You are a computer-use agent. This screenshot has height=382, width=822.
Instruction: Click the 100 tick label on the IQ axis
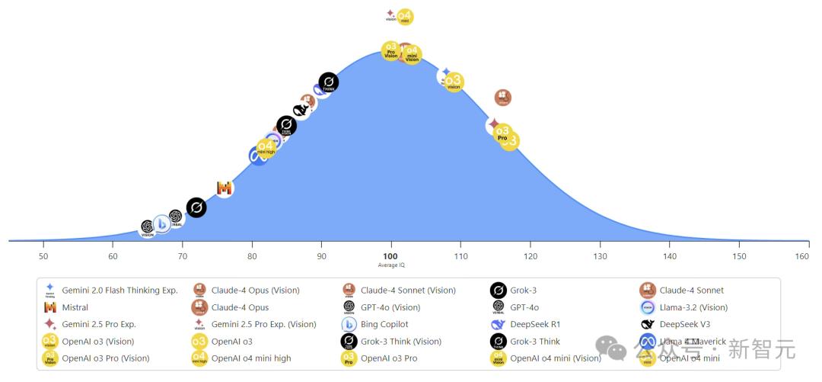point(390,256)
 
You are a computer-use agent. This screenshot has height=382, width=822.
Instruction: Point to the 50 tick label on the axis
point(43,256)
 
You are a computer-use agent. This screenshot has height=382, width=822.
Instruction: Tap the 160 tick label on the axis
point(801,256)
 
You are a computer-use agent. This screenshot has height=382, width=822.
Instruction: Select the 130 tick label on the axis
point(600,256)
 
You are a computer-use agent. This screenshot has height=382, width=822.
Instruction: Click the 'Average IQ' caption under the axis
point(390,265)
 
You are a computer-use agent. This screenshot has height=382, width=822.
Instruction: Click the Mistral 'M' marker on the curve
point(224,188)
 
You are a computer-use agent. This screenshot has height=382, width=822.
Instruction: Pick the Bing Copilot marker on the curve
point(161,223)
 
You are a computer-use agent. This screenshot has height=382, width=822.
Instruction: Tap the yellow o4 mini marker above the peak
point(405,17)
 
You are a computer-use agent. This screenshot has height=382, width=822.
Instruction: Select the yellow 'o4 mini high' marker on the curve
point(266,147)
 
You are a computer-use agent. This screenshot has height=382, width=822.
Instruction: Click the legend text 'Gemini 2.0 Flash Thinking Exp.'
point(119,290)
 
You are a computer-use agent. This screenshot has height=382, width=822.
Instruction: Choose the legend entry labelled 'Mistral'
point(75,307)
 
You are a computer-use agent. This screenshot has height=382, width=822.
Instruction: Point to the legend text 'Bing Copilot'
point(384,324)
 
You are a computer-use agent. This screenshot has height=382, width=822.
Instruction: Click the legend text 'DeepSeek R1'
point(535,324)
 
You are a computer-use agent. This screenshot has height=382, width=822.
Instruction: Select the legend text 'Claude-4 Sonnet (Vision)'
point(408,290)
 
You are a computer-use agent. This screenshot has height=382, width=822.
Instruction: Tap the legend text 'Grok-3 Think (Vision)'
point(400,342)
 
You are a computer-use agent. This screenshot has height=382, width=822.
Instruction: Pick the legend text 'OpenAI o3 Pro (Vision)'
point(105,358)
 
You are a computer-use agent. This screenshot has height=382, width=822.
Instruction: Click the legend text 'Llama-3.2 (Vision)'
point(693,307)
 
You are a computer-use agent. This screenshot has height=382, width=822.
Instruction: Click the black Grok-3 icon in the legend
point(498,291)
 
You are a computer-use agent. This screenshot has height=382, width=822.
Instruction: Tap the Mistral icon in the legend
point(50,307)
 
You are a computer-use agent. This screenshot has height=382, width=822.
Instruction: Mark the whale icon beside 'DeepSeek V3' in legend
point(648,324)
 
